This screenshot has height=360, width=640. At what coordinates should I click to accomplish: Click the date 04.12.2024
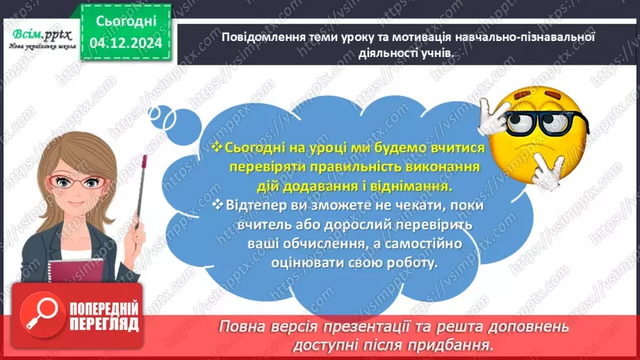(125, 43)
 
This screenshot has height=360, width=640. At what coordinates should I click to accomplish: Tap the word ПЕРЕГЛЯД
(103, 325)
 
